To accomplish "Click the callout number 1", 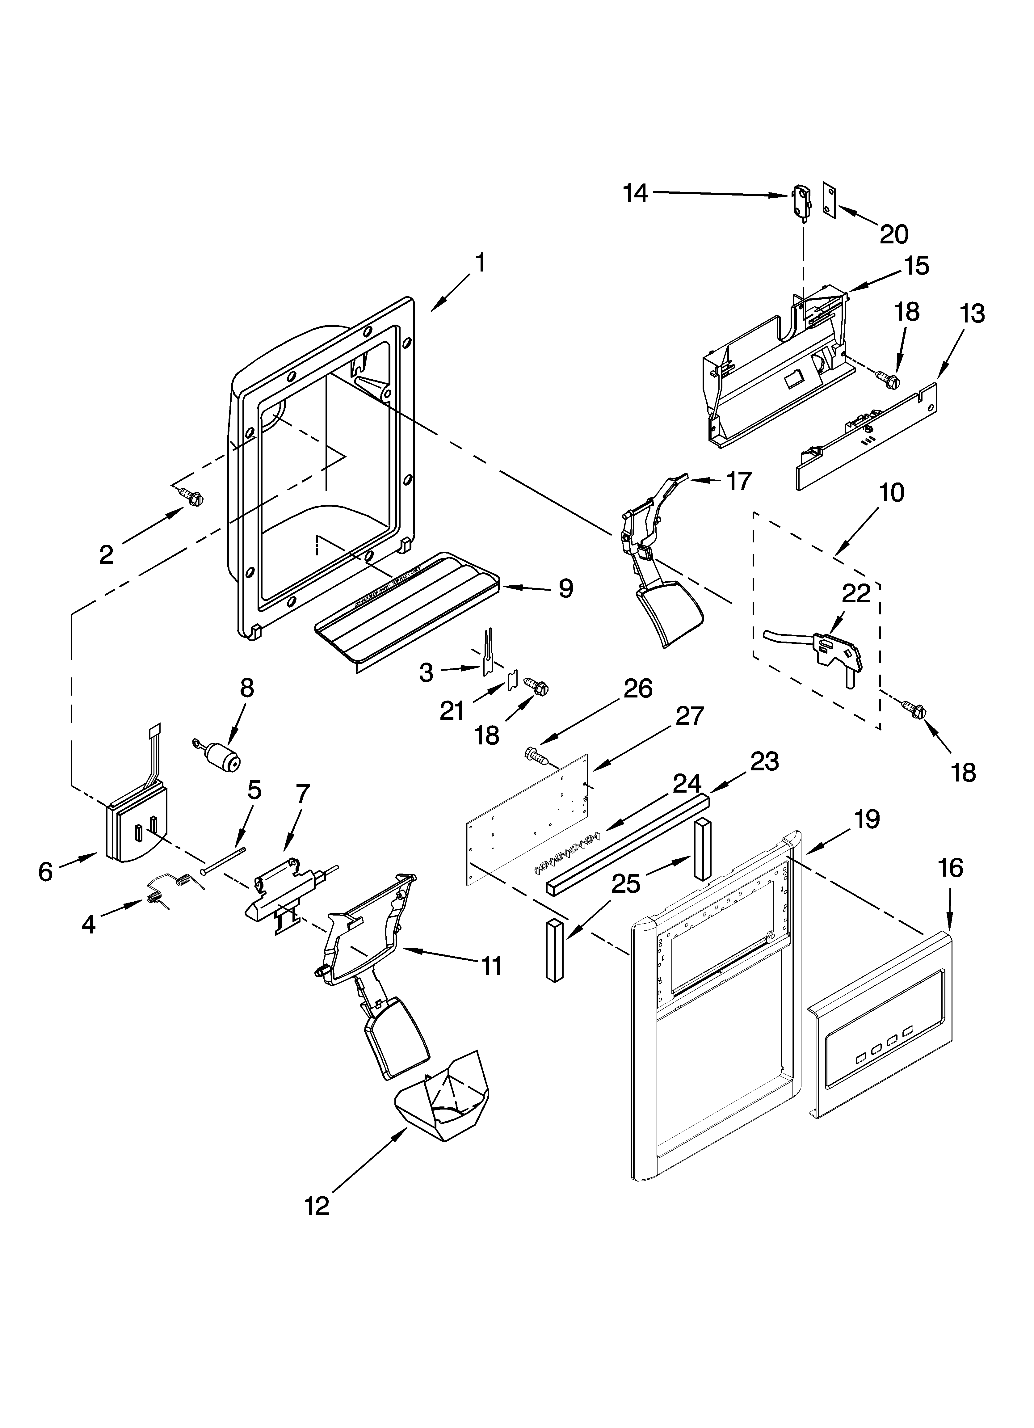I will [x=480, y=263].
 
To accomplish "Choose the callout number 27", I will [x=688, y=716].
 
